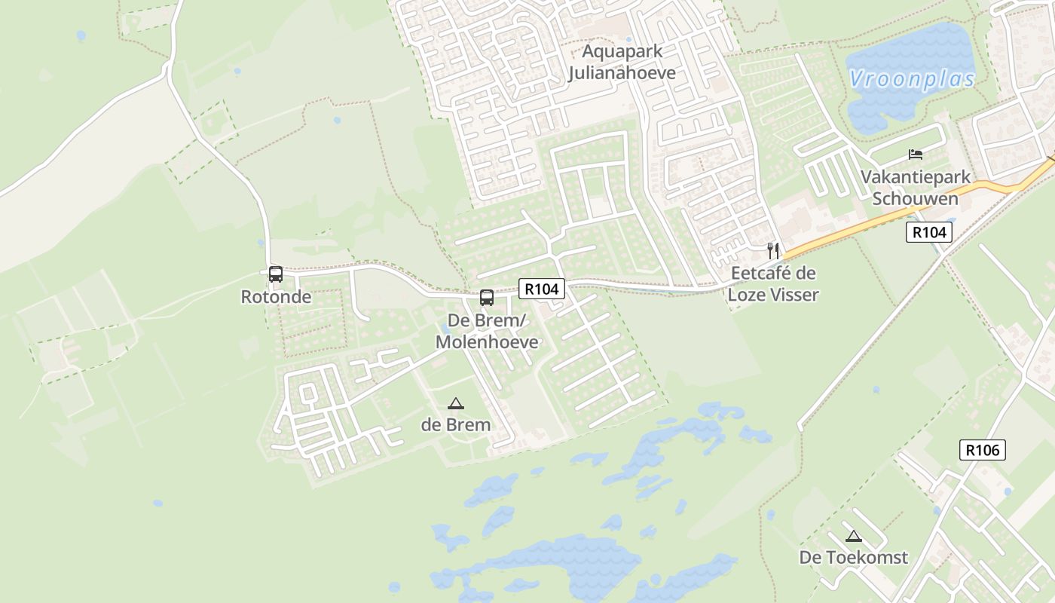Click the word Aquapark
622,52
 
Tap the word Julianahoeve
622,73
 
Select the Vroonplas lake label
912,79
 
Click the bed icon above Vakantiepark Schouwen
916,155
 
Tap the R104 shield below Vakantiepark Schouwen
928,232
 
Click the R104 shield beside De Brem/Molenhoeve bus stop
542,288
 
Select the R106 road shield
983,450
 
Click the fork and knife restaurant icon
773,251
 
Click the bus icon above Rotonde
276,274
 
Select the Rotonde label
276,297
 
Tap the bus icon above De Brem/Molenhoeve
487,298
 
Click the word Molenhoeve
487,342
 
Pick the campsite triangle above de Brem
456,404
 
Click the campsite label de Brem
456,424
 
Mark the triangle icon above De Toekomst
853,537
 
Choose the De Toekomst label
854,558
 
